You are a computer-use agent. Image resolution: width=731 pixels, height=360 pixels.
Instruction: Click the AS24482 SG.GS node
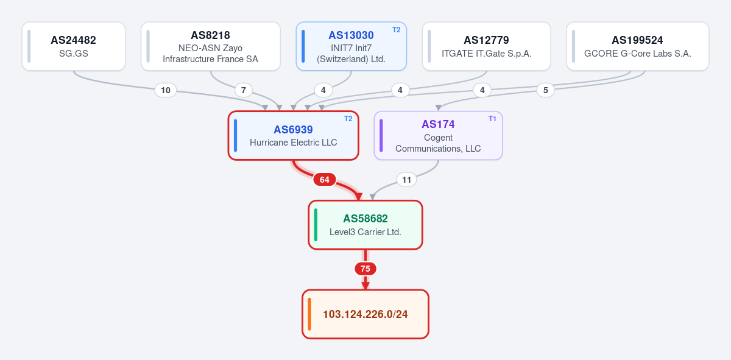click(74, 46)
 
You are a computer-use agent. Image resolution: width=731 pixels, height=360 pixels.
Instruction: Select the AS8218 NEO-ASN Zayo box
click(211, 46)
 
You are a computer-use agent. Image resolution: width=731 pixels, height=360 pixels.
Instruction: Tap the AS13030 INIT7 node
click(351, 46)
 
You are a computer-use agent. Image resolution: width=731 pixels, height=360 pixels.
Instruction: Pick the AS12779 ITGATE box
click(486, 46)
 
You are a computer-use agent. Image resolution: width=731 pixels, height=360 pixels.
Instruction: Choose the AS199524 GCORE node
click(638, 46)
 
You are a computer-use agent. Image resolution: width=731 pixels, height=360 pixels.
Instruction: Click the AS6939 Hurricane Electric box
click(294, 135)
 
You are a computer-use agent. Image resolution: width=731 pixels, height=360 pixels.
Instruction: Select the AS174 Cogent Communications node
click(438, 135)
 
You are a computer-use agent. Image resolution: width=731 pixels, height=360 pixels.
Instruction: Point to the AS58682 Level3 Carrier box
click(365, 225)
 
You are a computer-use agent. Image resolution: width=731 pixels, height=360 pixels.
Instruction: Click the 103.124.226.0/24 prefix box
click(365, 314)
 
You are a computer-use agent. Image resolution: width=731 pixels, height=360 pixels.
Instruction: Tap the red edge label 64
click(324, 180)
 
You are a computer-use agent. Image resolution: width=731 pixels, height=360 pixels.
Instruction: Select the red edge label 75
click(365, 269)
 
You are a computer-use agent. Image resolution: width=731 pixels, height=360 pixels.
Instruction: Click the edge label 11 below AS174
click(407, 180)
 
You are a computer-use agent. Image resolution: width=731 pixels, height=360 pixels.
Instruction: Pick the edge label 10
click(166, 90)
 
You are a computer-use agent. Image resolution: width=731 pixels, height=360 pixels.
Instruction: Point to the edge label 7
click(244, 90)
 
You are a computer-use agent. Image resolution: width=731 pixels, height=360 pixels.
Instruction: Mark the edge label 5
click(546, 90)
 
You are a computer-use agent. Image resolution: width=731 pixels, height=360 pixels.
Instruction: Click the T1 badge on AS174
click(492, 119)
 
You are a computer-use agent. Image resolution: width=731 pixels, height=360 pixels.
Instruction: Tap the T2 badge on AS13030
click(396, 30)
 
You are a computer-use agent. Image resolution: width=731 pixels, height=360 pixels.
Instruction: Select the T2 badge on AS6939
click(348, 119)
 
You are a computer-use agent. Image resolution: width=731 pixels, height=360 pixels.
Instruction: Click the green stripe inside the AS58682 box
click(316, 225)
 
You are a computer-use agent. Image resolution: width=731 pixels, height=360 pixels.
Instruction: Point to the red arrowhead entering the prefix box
click(365, 286)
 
